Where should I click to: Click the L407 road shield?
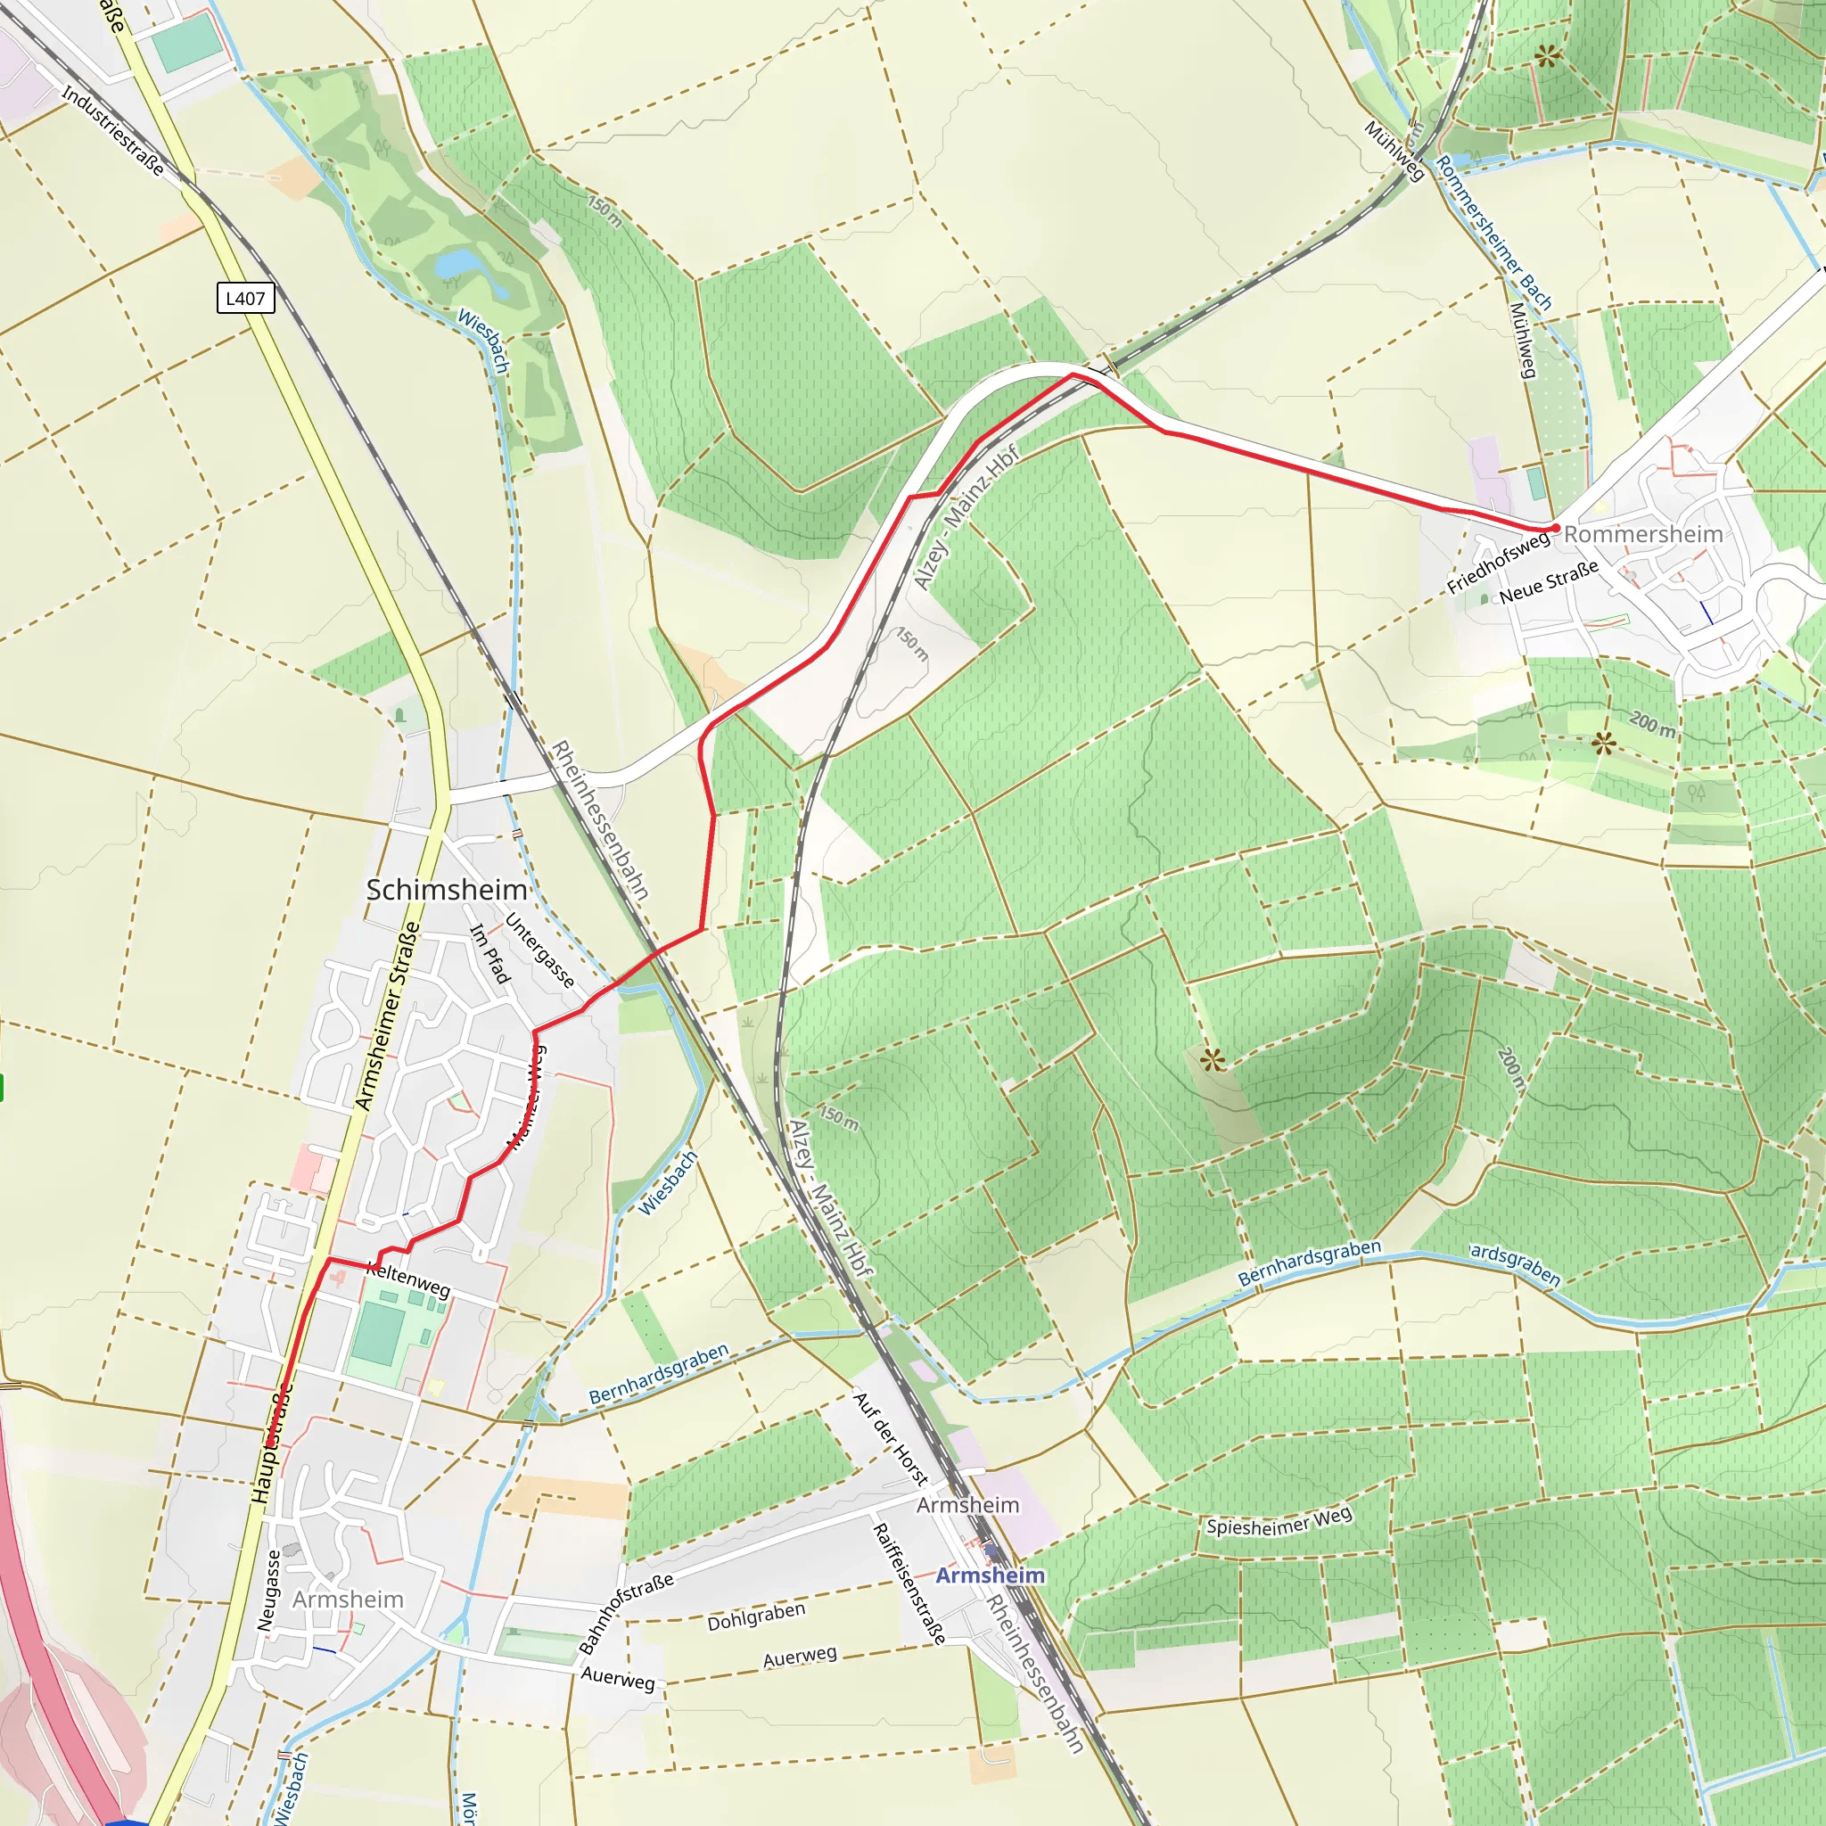[x=245, y=298]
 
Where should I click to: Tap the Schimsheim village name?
[x=446, y=889]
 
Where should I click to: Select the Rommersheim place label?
[x=1642, y=534]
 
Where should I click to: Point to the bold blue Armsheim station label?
[x=990, y=1575]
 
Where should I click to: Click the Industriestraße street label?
[x=112, y=130]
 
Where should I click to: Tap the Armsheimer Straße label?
[x=387, y=1016]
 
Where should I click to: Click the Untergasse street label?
[x=539, y=950]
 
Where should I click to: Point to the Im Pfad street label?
[x=489, y=955]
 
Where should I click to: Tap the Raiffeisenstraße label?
[x=909, y=1584]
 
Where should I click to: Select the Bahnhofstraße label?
[x=626, y=1612]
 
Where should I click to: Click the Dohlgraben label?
[x=756, y=1616]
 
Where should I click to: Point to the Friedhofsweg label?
[x=1498, y=562]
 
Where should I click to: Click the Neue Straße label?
[x=1548, y=580]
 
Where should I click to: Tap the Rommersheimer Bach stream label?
[x=1493, y=234]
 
